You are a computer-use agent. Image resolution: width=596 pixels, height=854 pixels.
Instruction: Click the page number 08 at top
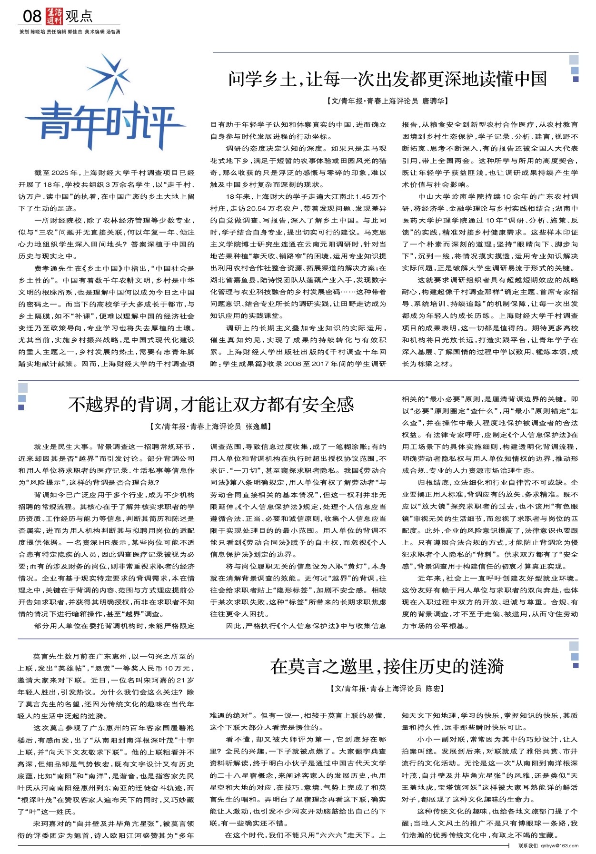(32, 17)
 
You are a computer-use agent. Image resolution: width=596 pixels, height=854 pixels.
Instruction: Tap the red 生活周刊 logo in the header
(54, 17)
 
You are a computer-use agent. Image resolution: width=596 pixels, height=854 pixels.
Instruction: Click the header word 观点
(79, 17)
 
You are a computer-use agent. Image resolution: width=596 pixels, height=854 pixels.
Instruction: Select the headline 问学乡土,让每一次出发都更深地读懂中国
(387, 79)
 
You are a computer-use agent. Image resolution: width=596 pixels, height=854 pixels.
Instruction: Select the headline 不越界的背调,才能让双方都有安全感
(211, 405)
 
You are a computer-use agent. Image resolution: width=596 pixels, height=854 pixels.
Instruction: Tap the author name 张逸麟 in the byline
(258, 427)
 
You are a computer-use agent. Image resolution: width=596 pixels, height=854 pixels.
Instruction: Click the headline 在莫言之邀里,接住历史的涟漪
(387, 666)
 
